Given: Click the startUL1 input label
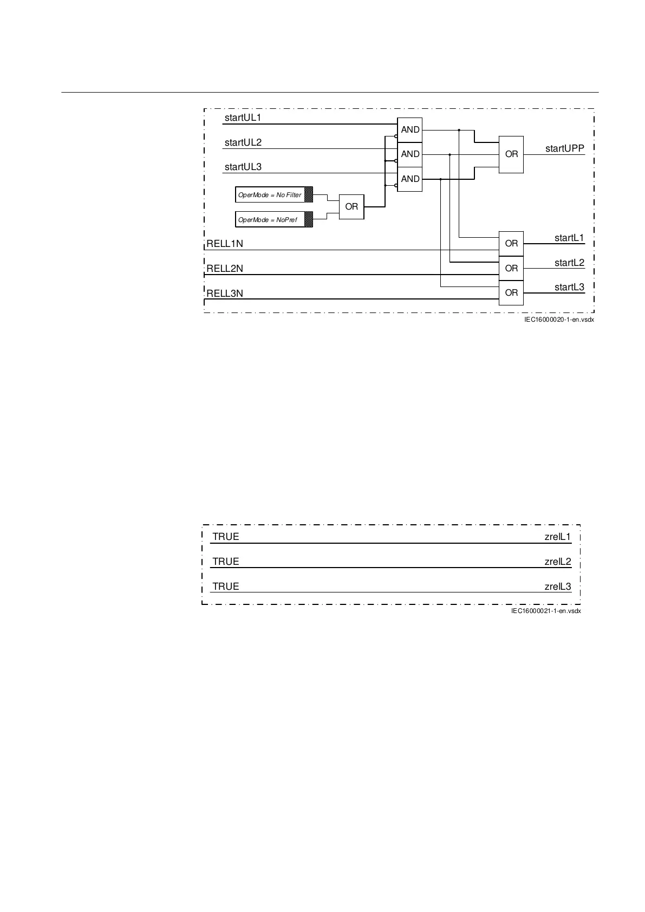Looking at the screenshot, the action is (x=243, y=118).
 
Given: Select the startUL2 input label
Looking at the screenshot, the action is (x=243, y=142).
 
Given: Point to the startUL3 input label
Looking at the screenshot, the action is (x=243, y=167).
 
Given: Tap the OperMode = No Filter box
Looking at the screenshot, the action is (x=274, y=194).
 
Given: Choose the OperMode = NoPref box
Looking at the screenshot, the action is (x=274, y=219).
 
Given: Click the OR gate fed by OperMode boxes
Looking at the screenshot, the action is (x=351, y=206).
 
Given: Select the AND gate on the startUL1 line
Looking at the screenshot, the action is (x=410, y=130).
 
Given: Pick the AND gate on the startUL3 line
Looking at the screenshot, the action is (x=410, y=179).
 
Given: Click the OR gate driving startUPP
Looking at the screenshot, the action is (x=511, y=154).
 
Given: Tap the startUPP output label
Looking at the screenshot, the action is (x=564, y=148).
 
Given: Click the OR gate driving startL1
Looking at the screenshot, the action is (x=511, y=244).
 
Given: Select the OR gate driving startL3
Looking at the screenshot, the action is (x=511, y=293).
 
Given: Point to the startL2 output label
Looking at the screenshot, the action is (x=569, y=263).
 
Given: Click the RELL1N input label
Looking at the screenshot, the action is (x=225, y=244).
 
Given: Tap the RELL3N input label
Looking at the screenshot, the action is (x=225, y=294).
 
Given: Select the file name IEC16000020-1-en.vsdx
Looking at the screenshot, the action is (x=559, y=320).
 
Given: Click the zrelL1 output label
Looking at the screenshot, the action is (x=558, y=537).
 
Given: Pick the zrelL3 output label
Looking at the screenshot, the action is (x=558, y=587).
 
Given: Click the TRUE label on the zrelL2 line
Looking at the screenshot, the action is (x=226, y=562).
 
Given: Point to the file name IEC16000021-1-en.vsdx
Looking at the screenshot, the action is (x=546, y=611).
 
